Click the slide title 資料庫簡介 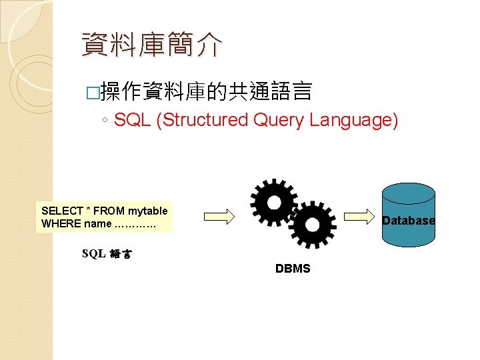(x=151, y=45)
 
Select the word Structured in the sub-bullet (x=202, y=120)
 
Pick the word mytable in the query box (x=147, y=211)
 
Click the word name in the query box (x=98, y=223)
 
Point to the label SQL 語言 (x=107, y=253)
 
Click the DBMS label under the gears (x=293, y=269)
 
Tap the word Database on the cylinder (x=408, y=220)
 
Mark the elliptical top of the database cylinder (x=407, y=192)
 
